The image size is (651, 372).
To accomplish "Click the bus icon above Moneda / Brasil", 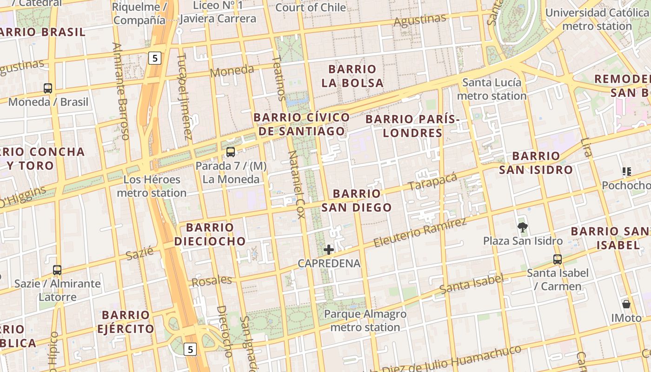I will pos(47,88).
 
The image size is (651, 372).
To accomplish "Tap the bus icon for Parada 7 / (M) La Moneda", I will pos(230,152).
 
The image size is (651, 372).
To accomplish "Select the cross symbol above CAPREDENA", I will pos(329,250).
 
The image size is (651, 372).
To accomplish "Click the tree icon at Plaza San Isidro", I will pos(523,227).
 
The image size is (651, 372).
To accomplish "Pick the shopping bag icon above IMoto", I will pos(626,304).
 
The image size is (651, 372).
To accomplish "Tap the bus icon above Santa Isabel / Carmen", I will pos(557,259).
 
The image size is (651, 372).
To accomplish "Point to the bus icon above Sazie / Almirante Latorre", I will pos(57,270).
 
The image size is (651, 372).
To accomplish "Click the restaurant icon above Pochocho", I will pos(626,172).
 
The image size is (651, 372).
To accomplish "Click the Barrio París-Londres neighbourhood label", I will pos(412,126).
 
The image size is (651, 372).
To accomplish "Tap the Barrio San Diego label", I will pos(357,200).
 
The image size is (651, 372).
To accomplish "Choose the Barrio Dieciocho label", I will pos(210,234).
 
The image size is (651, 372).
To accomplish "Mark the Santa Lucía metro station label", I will pos(492,89).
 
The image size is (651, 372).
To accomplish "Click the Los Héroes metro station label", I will pos(152,186).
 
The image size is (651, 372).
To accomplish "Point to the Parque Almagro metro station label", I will pos(365,320).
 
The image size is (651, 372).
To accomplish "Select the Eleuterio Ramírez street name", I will pos(419,232).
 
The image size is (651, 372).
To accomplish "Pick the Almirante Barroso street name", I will pos(120,91).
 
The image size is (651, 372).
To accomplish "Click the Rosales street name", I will pos(212,281).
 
